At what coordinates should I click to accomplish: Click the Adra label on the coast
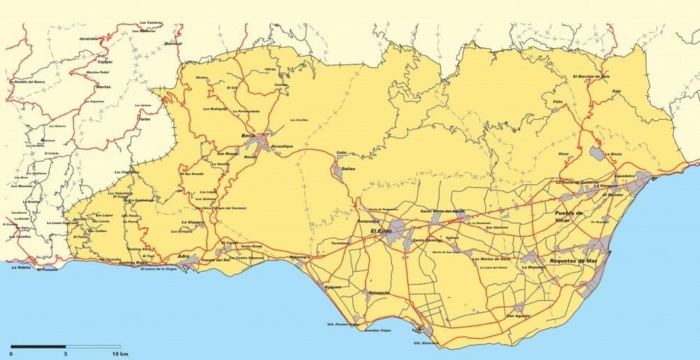[184, 257]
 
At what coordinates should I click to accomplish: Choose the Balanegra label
[299, 257]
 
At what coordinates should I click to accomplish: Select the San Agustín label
[518, 316]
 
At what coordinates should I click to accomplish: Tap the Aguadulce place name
[625, 176]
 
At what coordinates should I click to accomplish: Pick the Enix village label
[616, 92]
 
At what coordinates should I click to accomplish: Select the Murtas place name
[103, 88]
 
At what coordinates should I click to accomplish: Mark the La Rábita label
[22, 267]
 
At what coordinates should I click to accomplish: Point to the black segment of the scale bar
[38, 346]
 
